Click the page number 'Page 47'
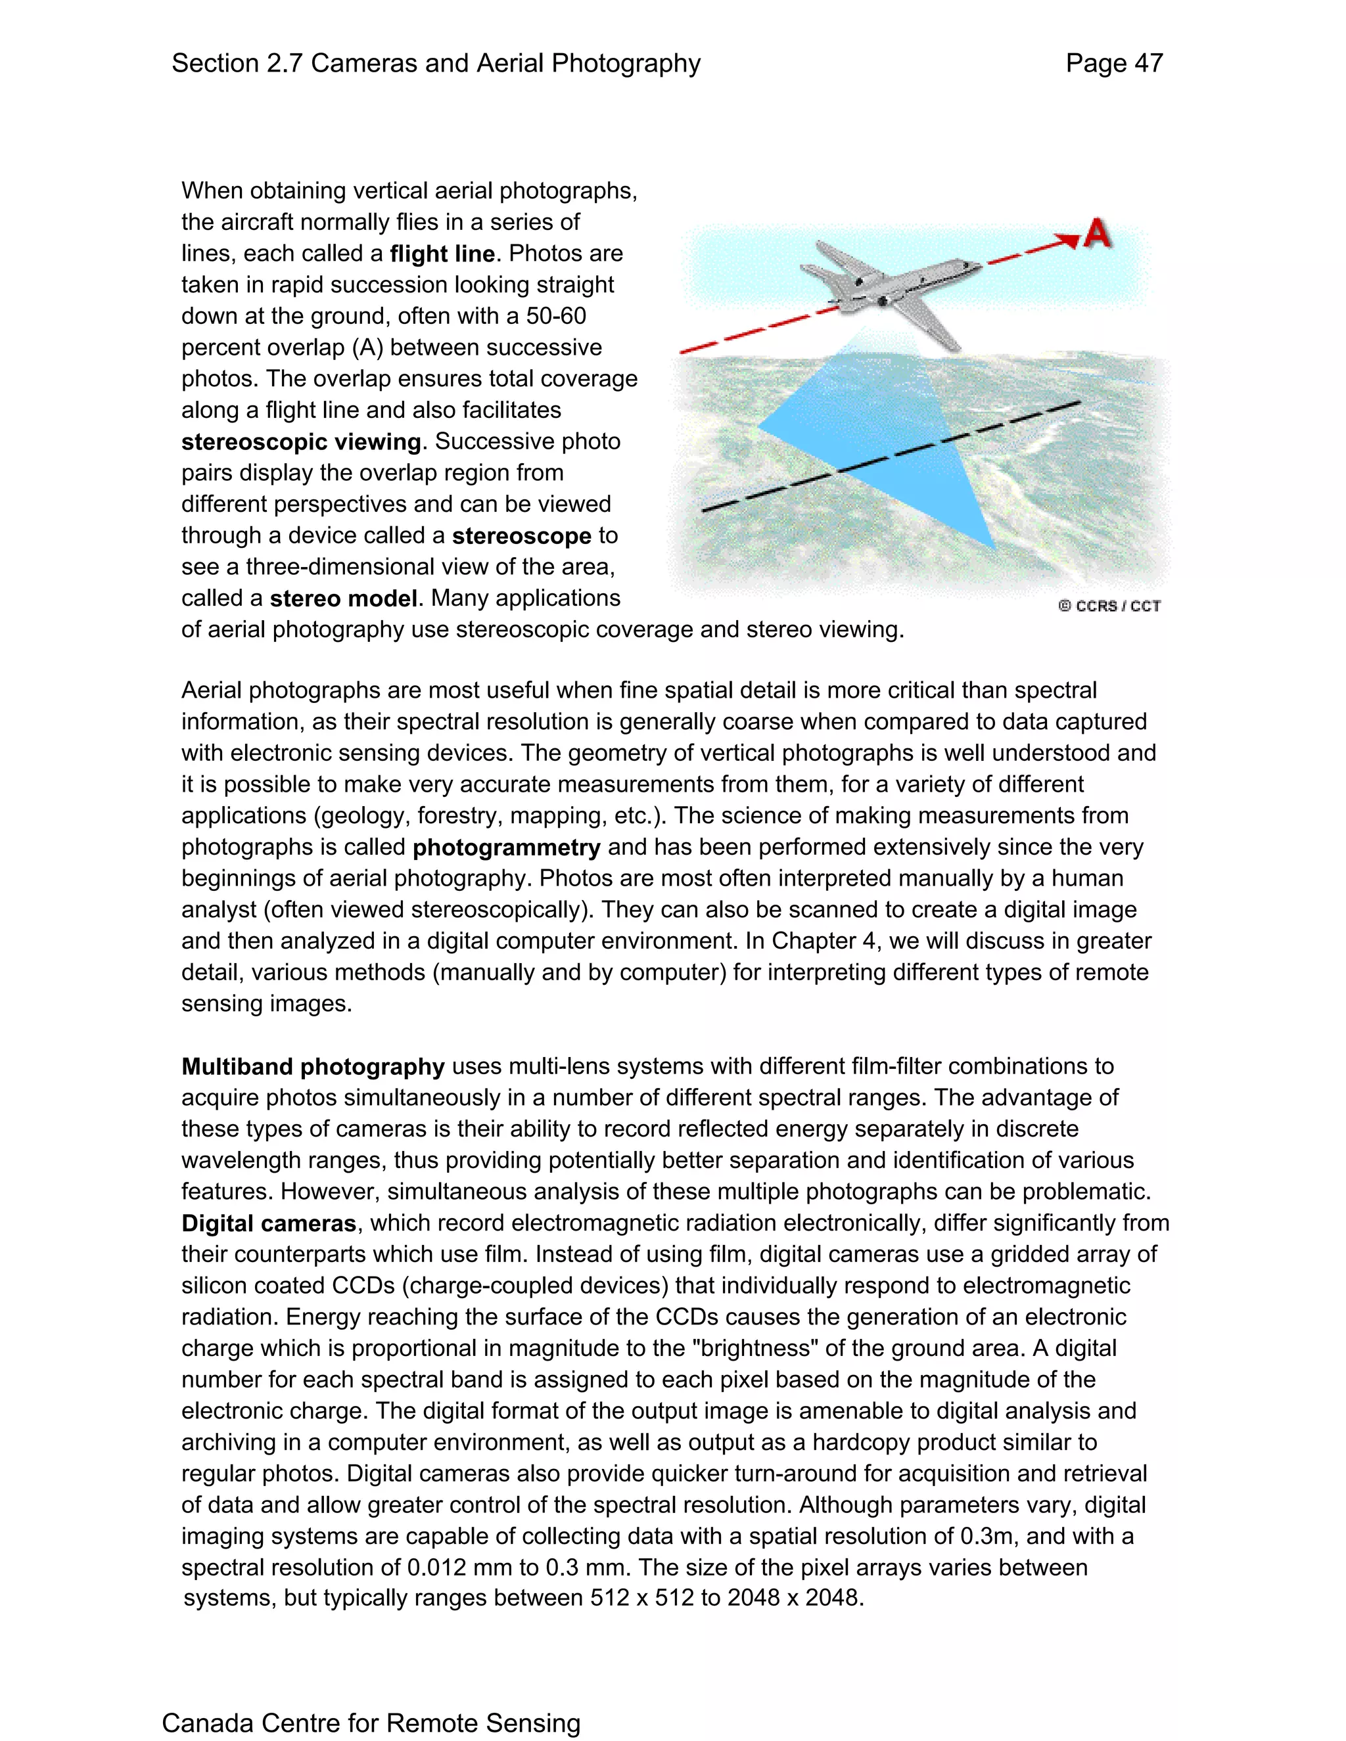(1114, 64)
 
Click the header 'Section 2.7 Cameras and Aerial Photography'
(436, 64)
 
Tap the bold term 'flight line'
(442, 254)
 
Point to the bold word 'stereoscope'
(521, 535)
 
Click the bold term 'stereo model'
(343, 599)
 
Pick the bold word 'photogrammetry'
(506, 848)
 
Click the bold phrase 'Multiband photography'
(313, 1066)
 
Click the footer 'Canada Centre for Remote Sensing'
(371, 1723)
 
